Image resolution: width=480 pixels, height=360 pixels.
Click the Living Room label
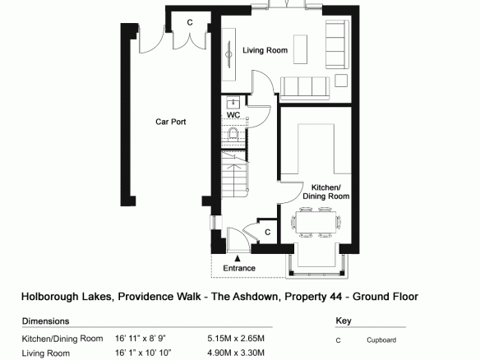pos(265,50)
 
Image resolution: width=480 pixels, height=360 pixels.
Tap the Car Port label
pos(170,122)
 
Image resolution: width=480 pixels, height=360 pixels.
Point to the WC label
pos(233,115)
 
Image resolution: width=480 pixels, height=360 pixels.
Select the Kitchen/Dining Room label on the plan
pos(326,192)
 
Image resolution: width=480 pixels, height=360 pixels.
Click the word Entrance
pos(239,268)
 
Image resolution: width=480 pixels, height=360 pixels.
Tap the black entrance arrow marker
pos(238,258)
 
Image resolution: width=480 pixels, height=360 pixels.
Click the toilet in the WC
pos(233,134)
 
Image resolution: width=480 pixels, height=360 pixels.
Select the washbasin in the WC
pos(233,103)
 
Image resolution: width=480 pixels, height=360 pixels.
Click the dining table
pos(316,222)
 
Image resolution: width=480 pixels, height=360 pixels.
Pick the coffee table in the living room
pos(300,49)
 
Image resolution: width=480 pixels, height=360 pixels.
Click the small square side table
pos(341,81)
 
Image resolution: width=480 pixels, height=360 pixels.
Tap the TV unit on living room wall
pos(228,54)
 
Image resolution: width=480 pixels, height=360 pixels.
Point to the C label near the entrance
pos(268,233)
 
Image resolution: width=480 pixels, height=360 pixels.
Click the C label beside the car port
pos(190,22)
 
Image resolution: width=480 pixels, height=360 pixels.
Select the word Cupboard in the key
pos(381,340)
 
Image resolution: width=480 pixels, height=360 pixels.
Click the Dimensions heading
pos(45,321)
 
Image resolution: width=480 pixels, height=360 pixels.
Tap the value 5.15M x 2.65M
pos(236,339)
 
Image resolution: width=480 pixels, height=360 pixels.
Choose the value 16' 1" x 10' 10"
pos(143,353)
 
